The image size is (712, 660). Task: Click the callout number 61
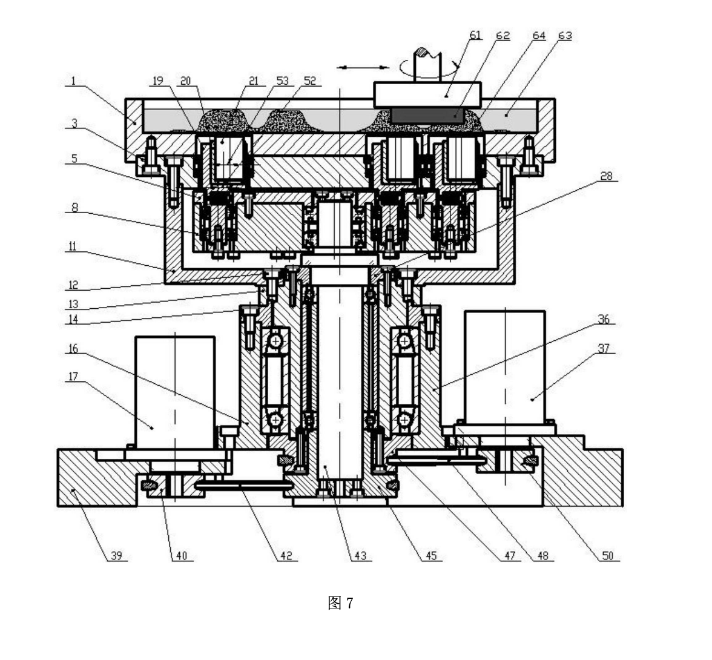pos(475,36)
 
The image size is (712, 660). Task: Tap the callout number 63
pos(565,36)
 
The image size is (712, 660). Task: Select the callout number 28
pos(606,176)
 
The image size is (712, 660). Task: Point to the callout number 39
pos(117,555)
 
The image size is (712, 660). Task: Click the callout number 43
pos(360,555)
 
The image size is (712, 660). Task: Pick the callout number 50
pos(608,555)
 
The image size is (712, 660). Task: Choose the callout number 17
pos(73,377)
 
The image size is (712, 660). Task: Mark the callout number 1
pos(73,81)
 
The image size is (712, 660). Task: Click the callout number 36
pos(604,319)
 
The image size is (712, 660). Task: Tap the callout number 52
pos(310,81)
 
